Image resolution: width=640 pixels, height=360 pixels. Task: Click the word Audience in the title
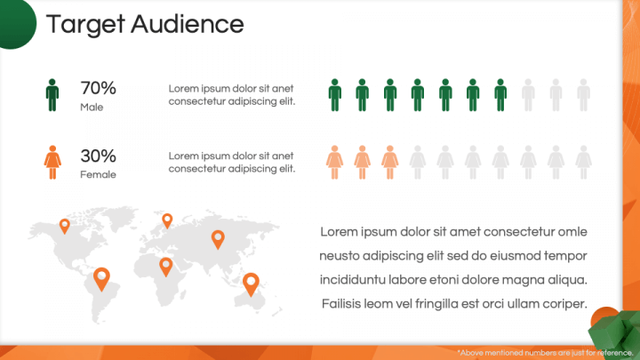click(188, 24)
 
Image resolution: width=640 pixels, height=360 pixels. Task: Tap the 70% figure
click(99, 88)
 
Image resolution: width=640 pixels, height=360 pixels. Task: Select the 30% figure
click(99, 156)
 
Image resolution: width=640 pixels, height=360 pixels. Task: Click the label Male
click(92, 108)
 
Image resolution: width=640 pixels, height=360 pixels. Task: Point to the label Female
click(98, 175)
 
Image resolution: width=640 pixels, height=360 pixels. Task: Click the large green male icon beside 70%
click(52, 95)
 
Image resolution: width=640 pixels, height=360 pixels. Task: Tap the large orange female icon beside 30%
click(52, 163)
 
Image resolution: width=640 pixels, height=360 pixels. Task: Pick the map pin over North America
click(65, 226)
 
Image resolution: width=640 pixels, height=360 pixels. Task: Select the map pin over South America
click(101, 279)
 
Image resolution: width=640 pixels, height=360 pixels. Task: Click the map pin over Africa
click(165, 268)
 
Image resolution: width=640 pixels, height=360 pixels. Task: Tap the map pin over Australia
click(251, 284)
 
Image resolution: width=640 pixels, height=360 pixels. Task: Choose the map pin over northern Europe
click(167, 220)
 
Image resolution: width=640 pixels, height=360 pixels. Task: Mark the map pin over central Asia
click(218, 240)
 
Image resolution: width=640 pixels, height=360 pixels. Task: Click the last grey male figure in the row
click(584, 95)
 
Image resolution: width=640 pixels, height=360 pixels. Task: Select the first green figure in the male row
click(335, 95)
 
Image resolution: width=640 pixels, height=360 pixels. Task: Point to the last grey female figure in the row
click(584, 163)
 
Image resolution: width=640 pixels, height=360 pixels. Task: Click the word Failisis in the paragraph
click(341, 304)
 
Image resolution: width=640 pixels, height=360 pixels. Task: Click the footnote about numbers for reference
click(545, 353)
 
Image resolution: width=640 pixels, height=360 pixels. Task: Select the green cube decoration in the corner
click(615, 332)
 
